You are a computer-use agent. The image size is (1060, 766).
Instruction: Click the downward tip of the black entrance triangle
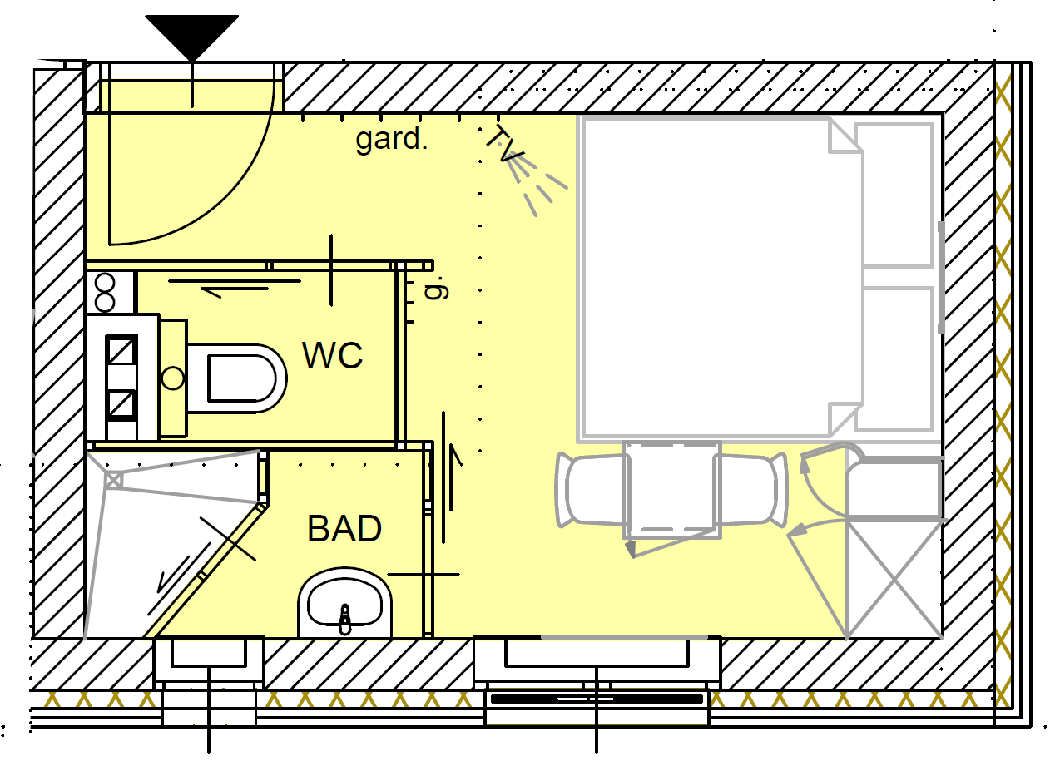point(191,61)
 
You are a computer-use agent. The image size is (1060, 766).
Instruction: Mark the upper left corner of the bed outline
point(583,118)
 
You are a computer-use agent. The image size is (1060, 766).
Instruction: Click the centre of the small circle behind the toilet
point(173,378)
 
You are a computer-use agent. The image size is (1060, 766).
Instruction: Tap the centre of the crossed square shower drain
point(113,481)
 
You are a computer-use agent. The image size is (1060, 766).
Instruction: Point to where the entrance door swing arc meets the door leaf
point(110,245)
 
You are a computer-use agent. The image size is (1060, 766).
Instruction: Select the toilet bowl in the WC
point(236,378)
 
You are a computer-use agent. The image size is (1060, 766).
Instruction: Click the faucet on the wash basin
point(345,619)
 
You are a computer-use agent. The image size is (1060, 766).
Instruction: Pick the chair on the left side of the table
point(592,489)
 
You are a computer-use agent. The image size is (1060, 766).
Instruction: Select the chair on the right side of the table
point(751,489)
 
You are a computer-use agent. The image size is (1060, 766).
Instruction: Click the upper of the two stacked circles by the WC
point(105,284)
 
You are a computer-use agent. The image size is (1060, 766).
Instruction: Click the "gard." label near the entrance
point(392,139)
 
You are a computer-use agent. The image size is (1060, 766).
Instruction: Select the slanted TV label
point(505,144)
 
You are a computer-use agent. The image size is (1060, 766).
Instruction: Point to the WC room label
point(332,355)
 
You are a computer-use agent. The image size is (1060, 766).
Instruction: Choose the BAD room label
point(344,528)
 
